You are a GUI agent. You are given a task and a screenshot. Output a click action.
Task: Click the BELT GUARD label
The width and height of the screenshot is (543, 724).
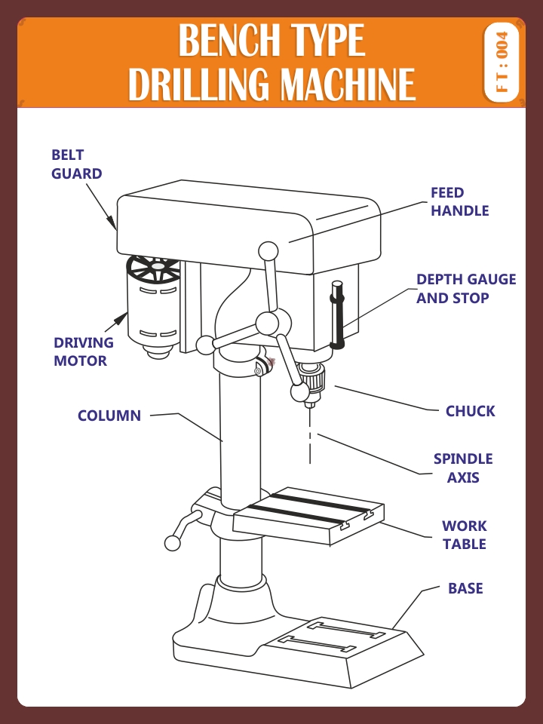point(76,164)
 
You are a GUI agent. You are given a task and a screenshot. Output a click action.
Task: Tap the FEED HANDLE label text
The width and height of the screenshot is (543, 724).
point(459,202)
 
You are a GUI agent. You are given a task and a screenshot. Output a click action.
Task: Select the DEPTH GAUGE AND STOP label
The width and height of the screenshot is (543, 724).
point(466,289)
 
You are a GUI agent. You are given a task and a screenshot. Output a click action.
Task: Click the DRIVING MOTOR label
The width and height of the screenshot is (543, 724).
point(83,351)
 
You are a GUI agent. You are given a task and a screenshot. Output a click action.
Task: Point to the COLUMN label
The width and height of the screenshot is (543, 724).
point(109,416)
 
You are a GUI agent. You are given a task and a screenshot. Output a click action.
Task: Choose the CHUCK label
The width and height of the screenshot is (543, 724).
point(470,411)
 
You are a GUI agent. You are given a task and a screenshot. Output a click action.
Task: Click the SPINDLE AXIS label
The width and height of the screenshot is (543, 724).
point(463,468)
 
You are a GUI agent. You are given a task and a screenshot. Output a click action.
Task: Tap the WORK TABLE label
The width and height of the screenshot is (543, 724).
point(464,535)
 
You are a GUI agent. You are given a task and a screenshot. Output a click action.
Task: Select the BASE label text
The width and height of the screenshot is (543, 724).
point(465,588)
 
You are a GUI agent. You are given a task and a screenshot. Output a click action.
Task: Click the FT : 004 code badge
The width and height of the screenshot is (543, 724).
point(502,63)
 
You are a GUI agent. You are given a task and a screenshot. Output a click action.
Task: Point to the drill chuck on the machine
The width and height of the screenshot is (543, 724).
point(310,377)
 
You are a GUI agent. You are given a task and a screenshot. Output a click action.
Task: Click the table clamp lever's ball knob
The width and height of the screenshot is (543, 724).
point(173,543)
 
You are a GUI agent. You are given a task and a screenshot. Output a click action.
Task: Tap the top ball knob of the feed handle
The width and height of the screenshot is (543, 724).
point(268,250)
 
